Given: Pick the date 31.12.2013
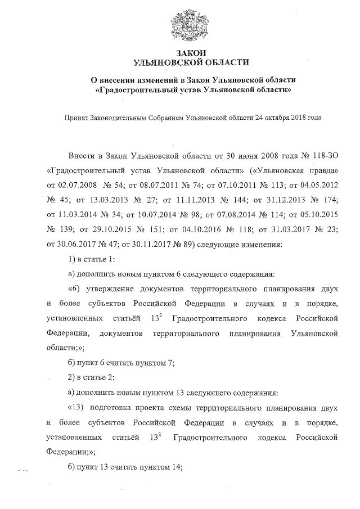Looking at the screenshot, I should coord(274,199).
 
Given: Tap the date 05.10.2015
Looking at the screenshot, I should coord(319,214).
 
